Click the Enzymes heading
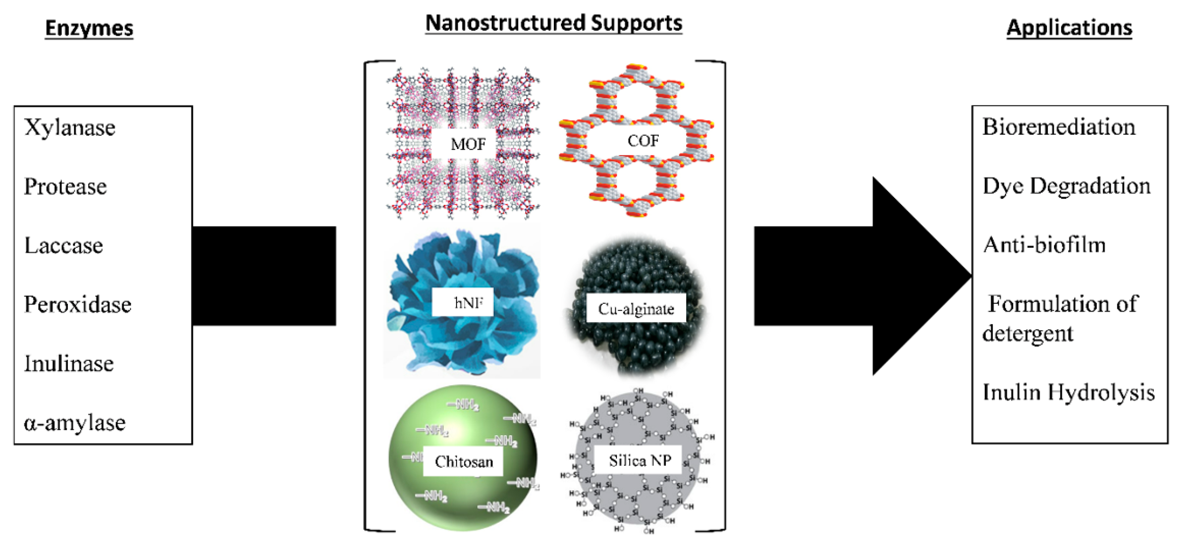coord(89,28)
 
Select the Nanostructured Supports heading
coord(553,23)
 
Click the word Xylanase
coord(70,128)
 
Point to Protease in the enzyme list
coord(65,187)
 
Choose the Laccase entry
coord(63,246)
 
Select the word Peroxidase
coord(78,305)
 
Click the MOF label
coord(468,144)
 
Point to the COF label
coord(643,141)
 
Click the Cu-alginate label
coord(636,309)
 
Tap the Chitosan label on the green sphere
coord(464,461)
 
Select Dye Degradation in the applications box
coord(1066,186)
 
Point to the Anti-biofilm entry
coord(1044,245)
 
